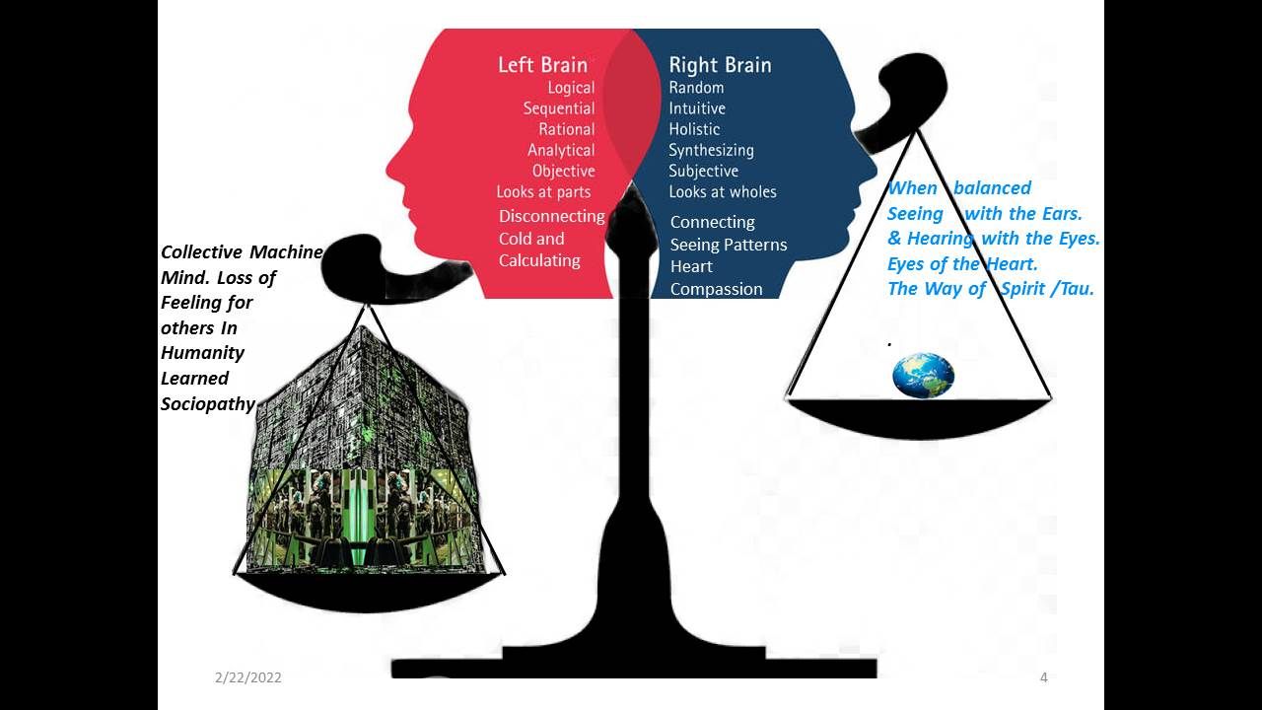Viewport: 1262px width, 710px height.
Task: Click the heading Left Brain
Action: point(542,65)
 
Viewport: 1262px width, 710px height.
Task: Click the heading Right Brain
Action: point(720,65)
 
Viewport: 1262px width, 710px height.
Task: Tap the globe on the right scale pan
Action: point(923,376)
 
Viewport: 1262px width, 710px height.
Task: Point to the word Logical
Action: point(571,88)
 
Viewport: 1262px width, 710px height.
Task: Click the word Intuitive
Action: point(697,108)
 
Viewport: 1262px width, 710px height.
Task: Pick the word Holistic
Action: point(694,129)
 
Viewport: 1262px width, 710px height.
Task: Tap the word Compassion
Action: point(716,289)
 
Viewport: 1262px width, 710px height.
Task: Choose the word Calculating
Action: point(539,260)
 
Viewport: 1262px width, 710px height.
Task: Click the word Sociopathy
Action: point(208,403)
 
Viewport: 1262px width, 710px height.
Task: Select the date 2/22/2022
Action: point(248,677)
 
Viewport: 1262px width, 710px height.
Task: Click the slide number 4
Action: point(1043,677)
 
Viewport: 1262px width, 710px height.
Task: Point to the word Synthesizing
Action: point(711,150)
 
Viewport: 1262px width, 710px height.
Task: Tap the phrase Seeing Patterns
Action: point(729,245)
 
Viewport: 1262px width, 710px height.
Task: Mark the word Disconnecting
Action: point(551,216)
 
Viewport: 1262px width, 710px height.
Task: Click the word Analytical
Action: point(561,150)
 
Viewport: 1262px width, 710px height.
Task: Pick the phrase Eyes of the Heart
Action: point(962,264)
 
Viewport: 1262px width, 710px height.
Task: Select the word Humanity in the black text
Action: point(202,353)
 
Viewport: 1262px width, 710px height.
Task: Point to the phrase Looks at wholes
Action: point(723,191)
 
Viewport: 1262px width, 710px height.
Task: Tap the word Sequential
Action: point(559,108)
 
